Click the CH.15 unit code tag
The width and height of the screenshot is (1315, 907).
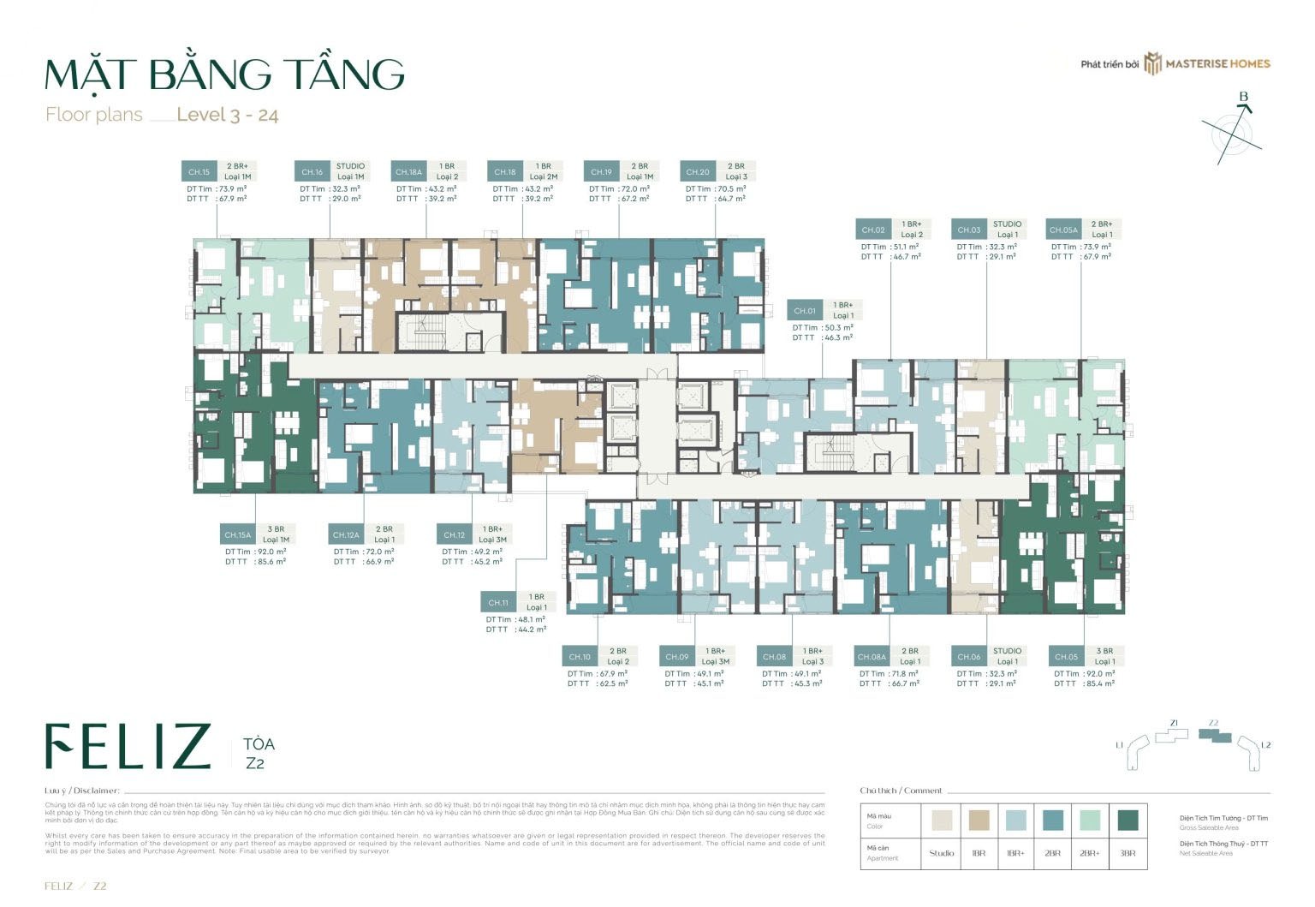pos(199,171)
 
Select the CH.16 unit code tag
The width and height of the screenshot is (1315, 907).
pos(312,171)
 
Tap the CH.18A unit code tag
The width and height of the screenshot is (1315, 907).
pos(408,171)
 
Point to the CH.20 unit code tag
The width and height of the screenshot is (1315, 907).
pos(698,171)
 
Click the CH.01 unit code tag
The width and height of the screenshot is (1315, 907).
pos(805,311)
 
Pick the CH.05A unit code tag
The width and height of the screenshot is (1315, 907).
pos(1063,230)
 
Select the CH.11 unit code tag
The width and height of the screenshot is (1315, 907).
pos(498,602)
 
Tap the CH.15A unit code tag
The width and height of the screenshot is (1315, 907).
pos(237,534)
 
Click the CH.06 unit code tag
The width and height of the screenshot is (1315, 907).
pos(969,657)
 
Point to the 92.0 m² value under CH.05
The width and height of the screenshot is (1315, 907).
pos(1100,674)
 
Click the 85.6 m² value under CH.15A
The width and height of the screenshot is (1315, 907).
pos(271,562)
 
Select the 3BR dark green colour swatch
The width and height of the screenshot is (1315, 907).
pos(1128,821)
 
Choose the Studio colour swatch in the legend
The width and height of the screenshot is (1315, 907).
pos(941,821)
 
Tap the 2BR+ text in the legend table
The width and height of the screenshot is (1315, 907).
pos(1089,853)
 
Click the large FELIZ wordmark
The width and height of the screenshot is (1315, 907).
pos(128,746)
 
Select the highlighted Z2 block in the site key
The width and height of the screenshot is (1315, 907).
pos(1214,737)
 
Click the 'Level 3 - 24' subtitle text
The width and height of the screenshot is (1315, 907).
pos(227,115)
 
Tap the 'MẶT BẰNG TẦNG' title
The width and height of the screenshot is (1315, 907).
pos(224,75)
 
